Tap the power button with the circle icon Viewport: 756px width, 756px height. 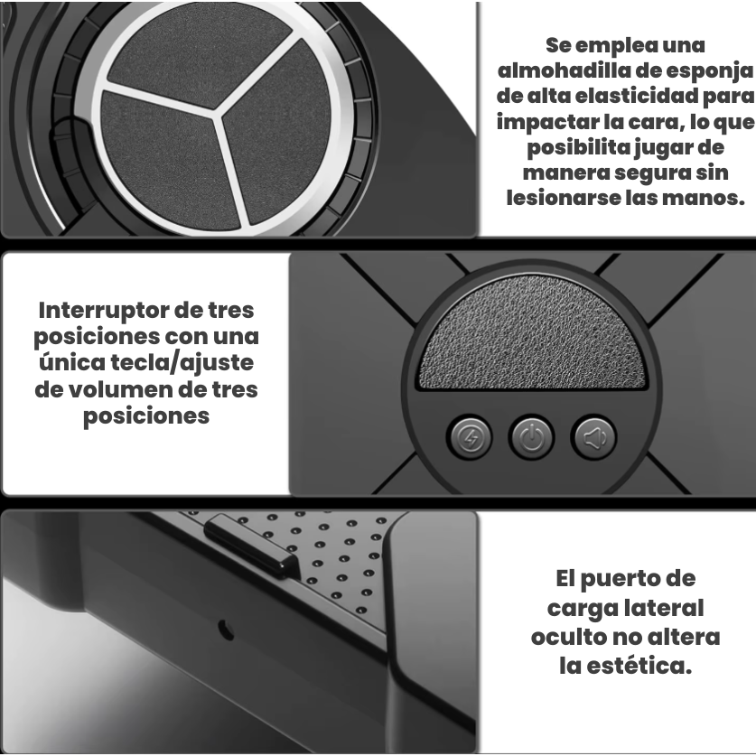(531, 437)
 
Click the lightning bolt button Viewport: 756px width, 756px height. (470, 437)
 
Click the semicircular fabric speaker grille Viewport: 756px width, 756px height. (531, 334)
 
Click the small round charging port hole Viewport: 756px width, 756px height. (226, 630)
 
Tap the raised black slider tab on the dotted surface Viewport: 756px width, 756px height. (251, 545)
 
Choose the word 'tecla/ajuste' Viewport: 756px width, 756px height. (182, 362)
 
